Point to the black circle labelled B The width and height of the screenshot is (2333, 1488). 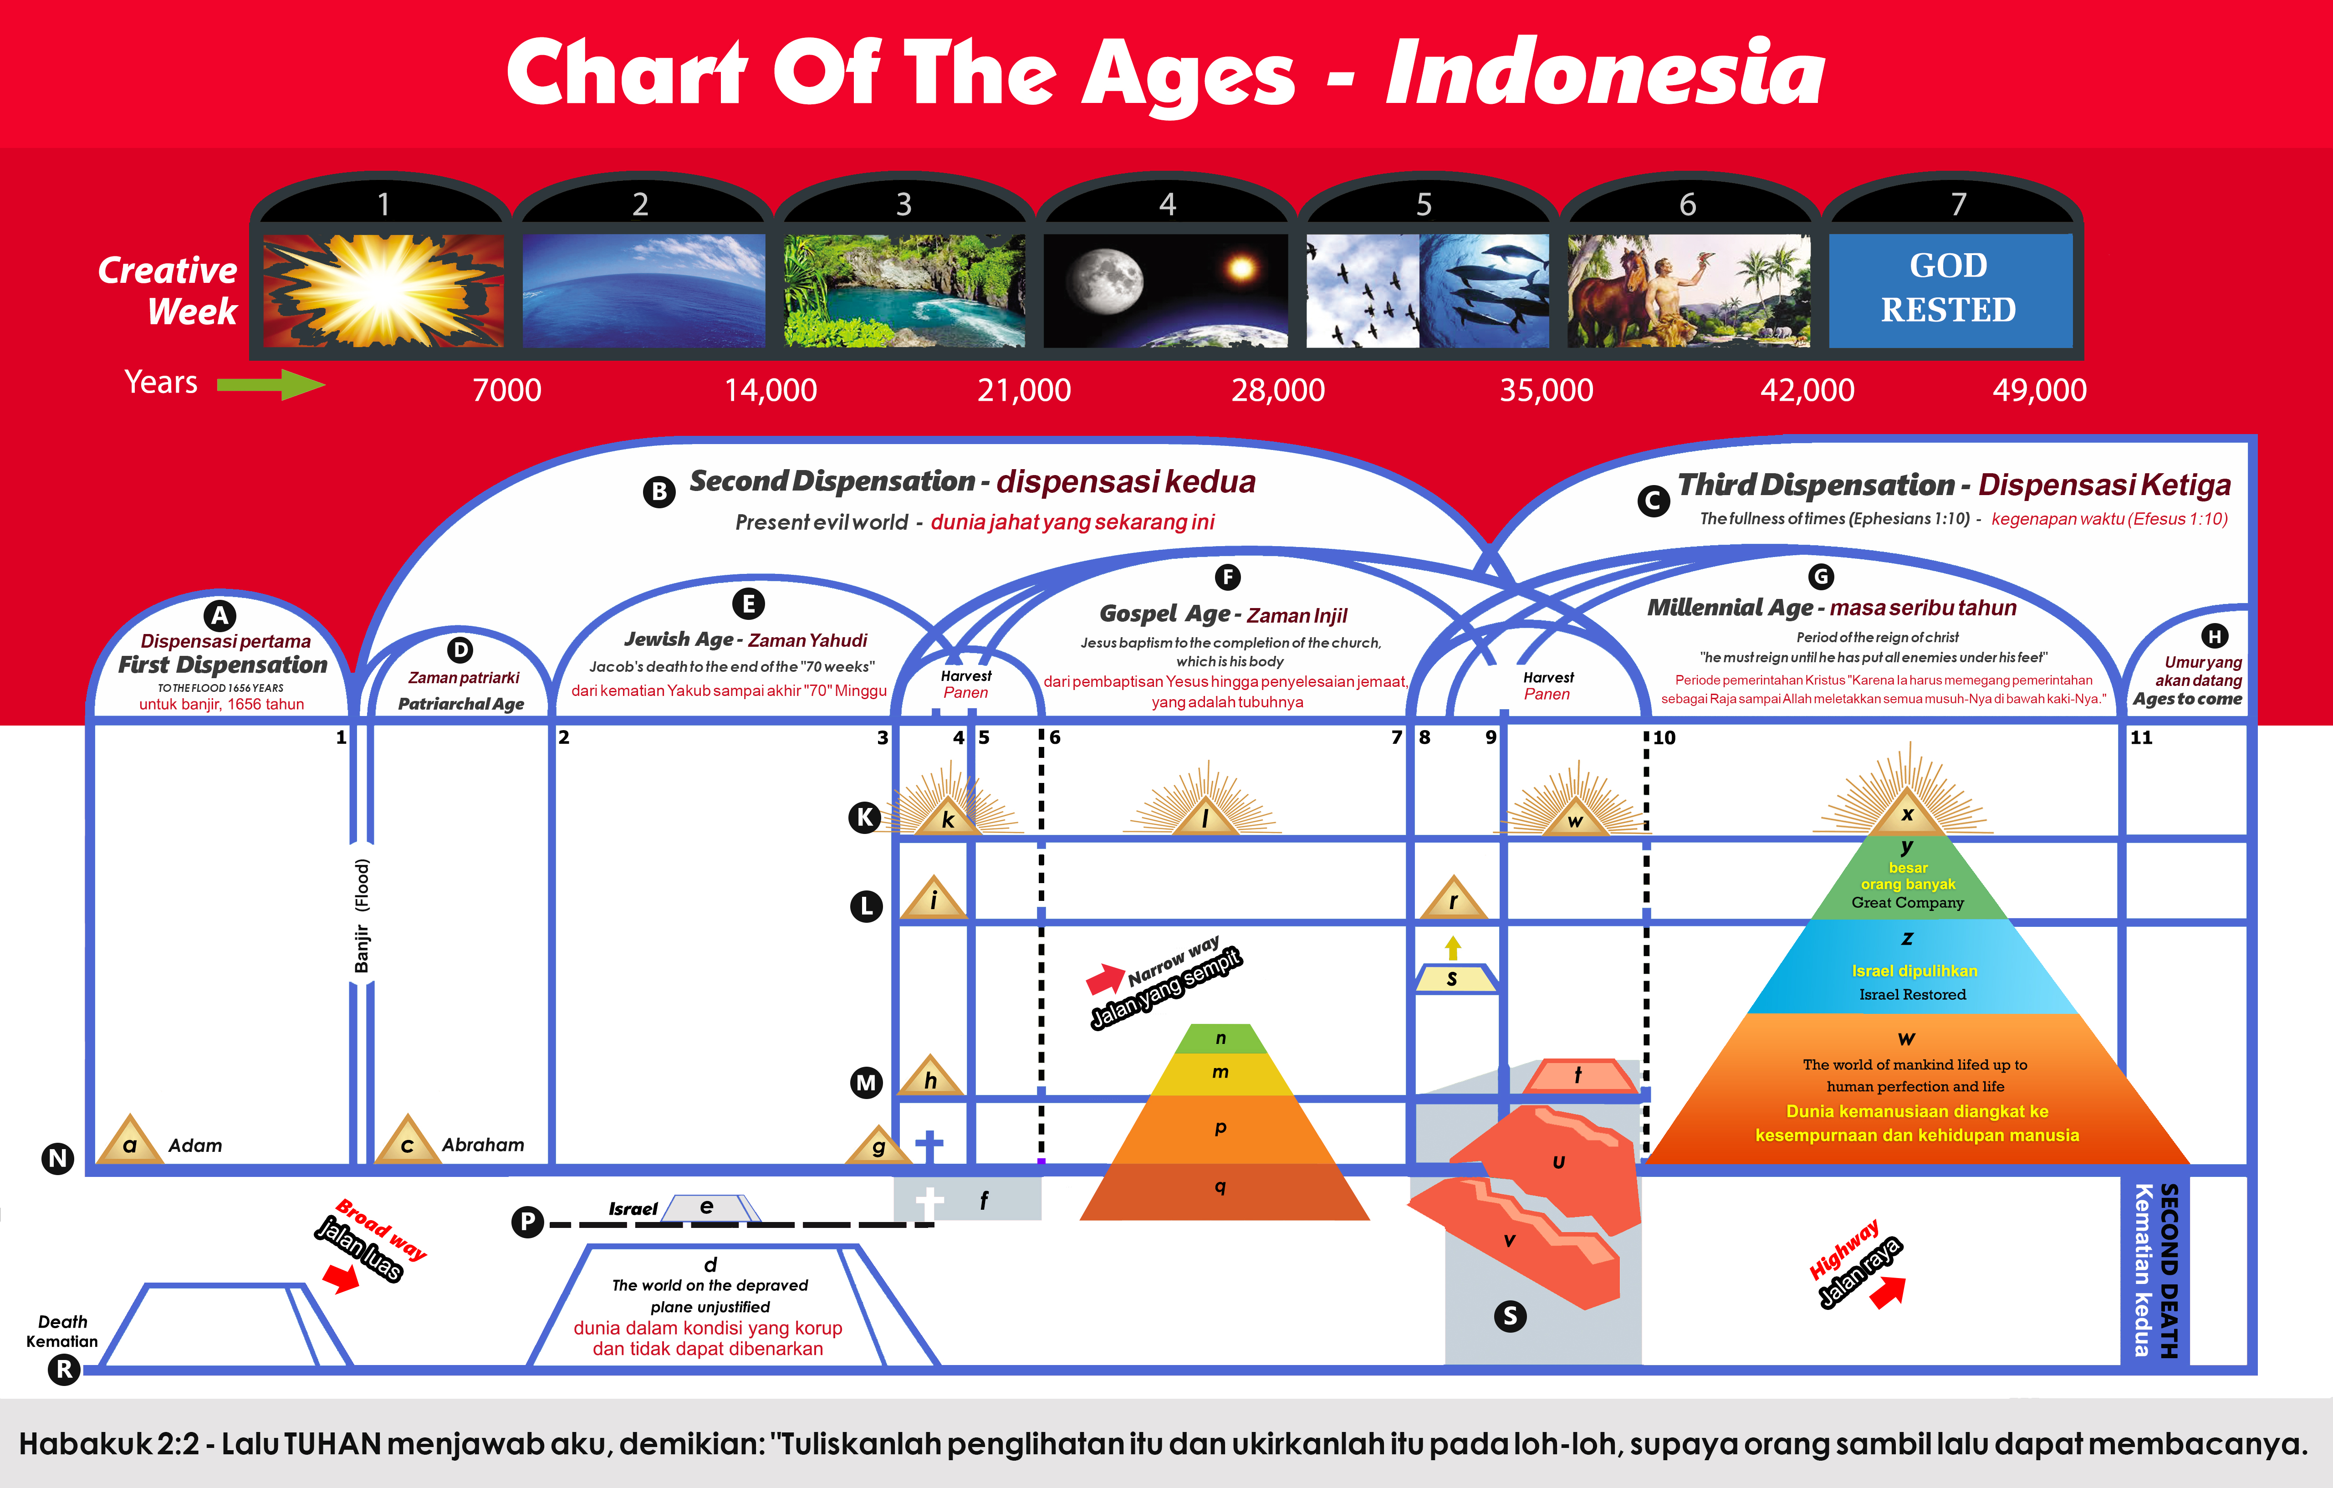coord(660,491)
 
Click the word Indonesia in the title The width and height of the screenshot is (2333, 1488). coord(1605,74)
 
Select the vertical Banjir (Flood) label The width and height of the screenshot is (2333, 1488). coord(362,915)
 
